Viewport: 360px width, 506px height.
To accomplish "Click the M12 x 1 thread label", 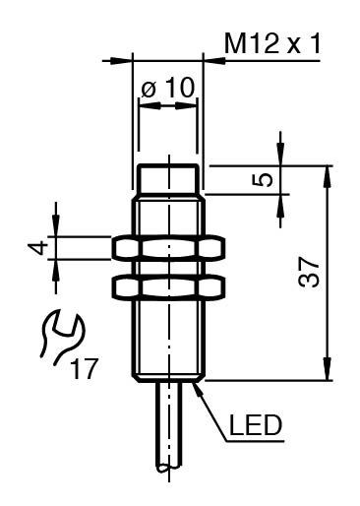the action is click(x=272, y=43).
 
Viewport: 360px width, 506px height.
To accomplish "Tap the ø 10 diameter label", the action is click(x=168, y=88).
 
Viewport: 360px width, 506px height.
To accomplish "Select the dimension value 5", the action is click(x=263, y=180).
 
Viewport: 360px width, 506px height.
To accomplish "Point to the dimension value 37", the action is click(x=308, y=272).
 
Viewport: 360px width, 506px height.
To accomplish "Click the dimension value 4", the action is click(x=37, y=248).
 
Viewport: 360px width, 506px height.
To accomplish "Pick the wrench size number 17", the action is click(x=85, y=369).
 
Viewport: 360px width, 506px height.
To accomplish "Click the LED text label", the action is click(x=256, y=425).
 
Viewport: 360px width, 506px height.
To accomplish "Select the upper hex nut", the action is click(x=168, y=248).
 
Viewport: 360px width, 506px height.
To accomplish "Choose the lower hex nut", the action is click(x=168, y=287).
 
